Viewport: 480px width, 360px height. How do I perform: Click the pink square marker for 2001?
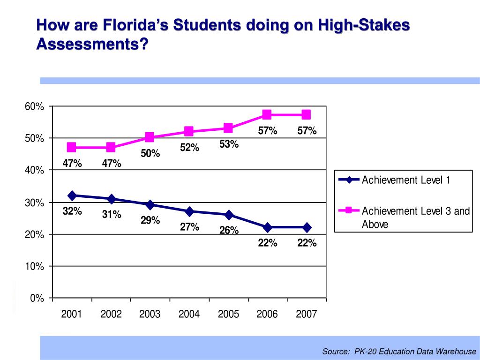(x=72, y=147)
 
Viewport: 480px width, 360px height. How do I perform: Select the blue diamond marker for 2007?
(x=307, y=227)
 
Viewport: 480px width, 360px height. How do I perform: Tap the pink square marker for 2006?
(x=267, y=114)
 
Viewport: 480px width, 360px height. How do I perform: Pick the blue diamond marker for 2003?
(x=150, y=204)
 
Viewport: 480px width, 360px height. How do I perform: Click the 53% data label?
(x=229, y=144)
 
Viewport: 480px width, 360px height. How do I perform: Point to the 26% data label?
(x=229, y=231)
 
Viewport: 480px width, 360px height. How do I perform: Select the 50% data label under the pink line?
(x=150, y=153)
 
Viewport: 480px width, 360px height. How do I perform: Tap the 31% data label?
(x=112, y=215)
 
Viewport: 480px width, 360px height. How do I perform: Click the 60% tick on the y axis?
(x=35, y=107)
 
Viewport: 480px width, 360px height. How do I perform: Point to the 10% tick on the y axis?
(x=35, y=266)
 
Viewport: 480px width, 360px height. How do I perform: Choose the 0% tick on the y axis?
(x=37, y=298)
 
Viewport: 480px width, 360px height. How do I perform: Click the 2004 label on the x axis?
(x=189, y=314)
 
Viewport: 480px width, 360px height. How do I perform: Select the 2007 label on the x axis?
(x=307, y=314)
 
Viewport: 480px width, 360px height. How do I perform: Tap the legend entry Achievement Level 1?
(x=405, y=180)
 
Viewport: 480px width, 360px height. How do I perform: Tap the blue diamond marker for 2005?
(x=228, y=215)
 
